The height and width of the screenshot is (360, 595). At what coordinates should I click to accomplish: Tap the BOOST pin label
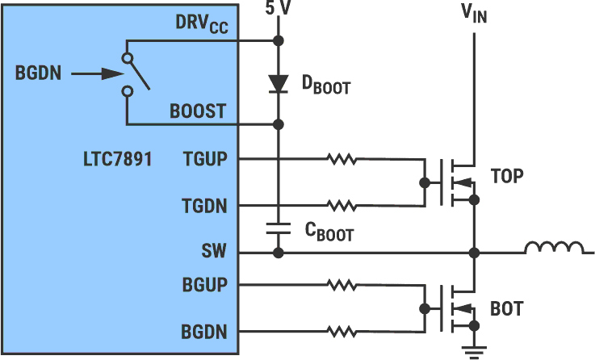pos(198,111)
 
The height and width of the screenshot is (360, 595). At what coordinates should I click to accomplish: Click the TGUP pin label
pos(205,159)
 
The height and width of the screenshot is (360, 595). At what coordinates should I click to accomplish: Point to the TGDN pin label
pos(205,206)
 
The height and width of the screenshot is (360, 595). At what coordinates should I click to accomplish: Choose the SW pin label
pos(214,253)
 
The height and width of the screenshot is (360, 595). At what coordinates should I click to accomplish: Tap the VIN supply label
pos(474,14)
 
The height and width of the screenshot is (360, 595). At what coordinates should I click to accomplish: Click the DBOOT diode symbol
pos(279,82)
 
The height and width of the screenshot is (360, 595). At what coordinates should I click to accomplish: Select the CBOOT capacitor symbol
pos(279,228)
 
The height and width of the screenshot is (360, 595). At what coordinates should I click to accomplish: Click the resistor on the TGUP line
pos(342,159)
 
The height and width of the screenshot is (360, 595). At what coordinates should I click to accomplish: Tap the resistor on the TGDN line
pos(342,206)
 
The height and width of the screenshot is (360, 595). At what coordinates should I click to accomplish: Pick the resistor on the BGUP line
pos(342,284)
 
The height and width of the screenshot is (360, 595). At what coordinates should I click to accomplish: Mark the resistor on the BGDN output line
pos(342,331)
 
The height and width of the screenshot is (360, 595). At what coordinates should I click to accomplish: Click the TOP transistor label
pos(507,176)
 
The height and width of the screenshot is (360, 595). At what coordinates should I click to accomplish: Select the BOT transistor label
pos(506,309)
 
